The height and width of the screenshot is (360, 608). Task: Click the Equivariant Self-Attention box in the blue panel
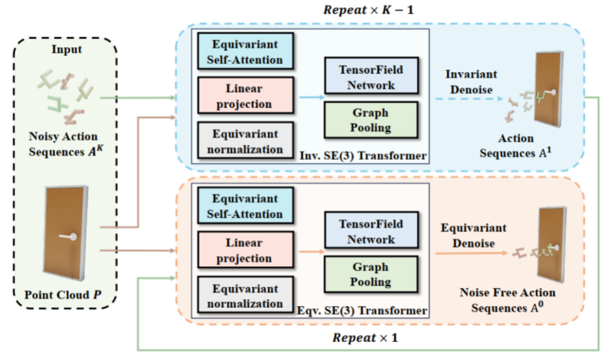tap(245, 52)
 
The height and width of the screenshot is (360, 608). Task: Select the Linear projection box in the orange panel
tap(245, 250)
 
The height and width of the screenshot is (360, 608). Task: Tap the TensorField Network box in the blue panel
tap(371, 76)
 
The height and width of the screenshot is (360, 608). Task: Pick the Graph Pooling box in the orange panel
tap(371, 274)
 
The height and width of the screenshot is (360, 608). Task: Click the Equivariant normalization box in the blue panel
tap(245, 141)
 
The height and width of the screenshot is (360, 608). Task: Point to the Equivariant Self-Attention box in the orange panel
tap(245, 206)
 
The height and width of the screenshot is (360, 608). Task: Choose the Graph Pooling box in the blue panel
tap(371, 120)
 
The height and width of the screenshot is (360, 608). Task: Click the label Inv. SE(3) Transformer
tap(363, 156)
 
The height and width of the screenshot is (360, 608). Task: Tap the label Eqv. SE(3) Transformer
tap(362, 310)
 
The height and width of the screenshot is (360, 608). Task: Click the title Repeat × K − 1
tap(368, 10)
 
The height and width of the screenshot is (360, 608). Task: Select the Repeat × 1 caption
tap(365, 338)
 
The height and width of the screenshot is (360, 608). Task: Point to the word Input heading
tap(66, 49)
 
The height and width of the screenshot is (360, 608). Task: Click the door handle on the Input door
tap(68, 236)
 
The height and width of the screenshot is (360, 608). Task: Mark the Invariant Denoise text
tap(471, 82)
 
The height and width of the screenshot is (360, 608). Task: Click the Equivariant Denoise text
tap(473, 236)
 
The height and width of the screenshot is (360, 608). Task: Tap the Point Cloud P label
tap(63, 295)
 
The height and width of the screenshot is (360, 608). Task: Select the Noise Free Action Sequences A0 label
tap(508, 300)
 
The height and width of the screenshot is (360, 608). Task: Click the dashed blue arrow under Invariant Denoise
tap(469, 99)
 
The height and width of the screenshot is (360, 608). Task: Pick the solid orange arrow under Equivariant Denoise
tap(472, 253)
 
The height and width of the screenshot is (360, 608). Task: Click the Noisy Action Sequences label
tap(66, 144)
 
